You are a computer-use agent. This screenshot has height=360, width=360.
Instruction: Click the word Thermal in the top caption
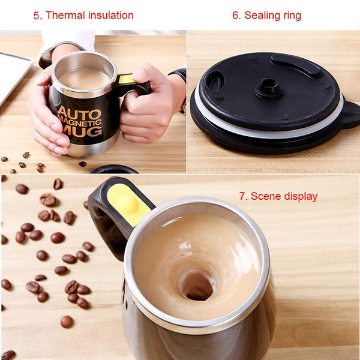[64, 16]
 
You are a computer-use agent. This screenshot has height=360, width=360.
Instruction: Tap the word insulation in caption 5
[109, 16]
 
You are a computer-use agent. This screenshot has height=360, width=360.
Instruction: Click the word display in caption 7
[299, 196]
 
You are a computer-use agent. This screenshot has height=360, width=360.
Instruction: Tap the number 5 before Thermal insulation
[37, 16]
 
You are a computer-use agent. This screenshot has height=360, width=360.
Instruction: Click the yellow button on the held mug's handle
[126, 79]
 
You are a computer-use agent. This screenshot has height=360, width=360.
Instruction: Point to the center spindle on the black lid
[268, 89]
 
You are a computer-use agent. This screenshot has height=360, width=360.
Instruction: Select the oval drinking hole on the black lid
[214, 80]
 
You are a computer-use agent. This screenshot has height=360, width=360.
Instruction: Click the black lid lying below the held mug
[114, 169]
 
